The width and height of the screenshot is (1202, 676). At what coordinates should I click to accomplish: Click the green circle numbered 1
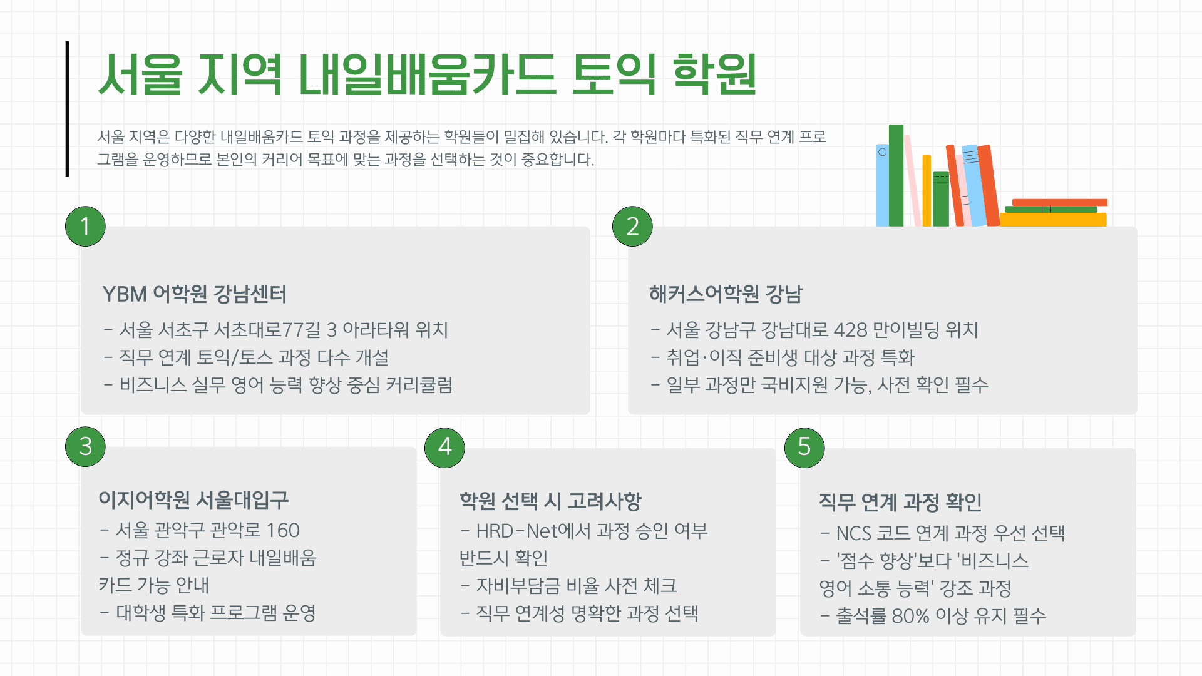point(85,226)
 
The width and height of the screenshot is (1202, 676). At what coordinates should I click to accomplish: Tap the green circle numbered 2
point(632,226)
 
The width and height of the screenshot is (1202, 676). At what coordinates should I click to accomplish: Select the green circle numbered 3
point(85,446)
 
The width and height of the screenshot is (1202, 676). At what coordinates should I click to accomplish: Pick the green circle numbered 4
point(444,447)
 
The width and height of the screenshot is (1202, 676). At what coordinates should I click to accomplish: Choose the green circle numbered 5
point(804,447)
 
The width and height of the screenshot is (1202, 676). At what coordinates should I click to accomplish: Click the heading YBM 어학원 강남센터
point(195,294)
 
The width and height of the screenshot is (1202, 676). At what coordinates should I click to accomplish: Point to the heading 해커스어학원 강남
point(726,294)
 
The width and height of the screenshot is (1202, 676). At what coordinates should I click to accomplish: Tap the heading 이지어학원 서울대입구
point(193,499)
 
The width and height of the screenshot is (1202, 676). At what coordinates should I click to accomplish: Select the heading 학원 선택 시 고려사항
point(551,501)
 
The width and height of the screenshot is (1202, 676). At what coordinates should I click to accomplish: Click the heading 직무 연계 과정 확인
point(900,502)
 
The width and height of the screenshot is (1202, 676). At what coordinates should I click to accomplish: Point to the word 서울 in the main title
point(140,75)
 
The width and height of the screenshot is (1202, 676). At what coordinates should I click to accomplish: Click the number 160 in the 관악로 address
point(283,531)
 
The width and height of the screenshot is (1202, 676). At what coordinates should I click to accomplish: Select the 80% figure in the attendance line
point(910,616)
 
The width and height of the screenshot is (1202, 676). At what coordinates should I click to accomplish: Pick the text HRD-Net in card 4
point(516,531)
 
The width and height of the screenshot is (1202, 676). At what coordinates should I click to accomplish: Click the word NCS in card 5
point(854,533)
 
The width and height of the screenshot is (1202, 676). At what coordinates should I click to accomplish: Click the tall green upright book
point(896,175)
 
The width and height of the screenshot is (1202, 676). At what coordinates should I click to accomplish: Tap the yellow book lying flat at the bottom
point(1053,220)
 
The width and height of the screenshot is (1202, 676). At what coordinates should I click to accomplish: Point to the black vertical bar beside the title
point(67,109)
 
